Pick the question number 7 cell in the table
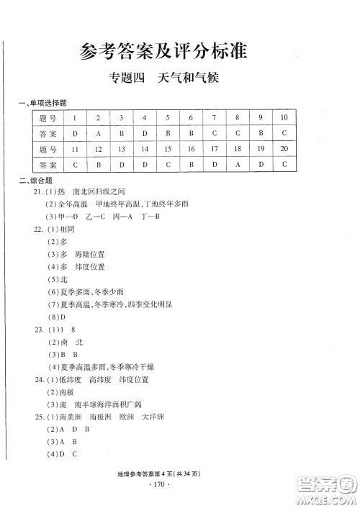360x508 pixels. click(214, 117)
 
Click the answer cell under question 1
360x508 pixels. click(75, 133)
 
